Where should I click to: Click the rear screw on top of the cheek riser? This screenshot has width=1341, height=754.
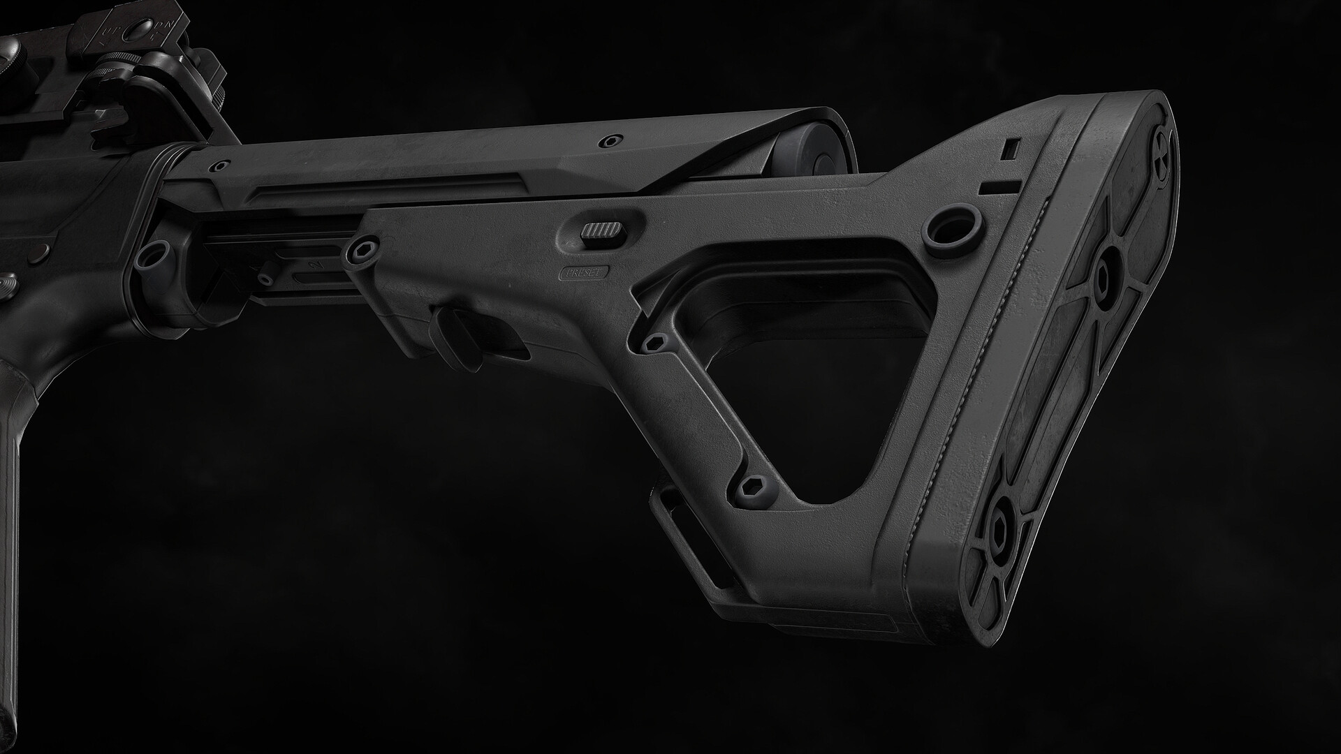pyautogui.click(x=612, y=140)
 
